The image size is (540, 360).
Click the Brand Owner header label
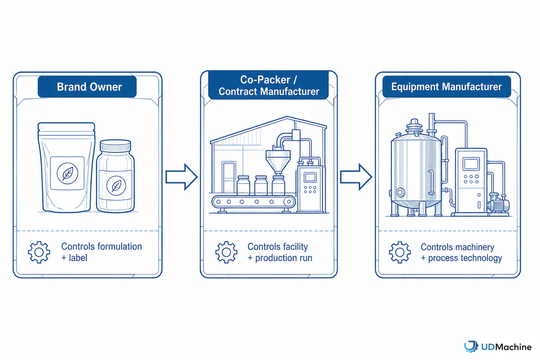(87, 86)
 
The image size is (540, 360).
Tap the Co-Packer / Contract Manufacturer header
(268, 85)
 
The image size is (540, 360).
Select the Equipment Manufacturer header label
(446, 86)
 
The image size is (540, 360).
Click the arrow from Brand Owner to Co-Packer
(181, 177)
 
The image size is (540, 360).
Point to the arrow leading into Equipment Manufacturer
(356, 177)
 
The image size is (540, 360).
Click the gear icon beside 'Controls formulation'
(39, 252)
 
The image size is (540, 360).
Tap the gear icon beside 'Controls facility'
(226, 252)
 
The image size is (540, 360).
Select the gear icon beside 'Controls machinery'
(400, 252)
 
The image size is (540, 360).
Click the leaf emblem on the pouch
(67, 173)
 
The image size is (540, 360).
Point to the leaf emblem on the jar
(116, 185)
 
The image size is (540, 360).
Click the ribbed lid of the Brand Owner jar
(116, 146)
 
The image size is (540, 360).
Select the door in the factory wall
(229, 177)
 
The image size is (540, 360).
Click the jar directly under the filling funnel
(279, 185)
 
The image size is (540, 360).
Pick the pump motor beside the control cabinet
(499, 205)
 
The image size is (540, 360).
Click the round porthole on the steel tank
(400, 193)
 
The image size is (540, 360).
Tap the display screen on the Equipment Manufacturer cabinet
(471, 164)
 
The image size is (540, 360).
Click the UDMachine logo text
(506, 347)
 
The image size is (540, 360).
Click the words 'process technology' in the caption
(465, 258)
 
